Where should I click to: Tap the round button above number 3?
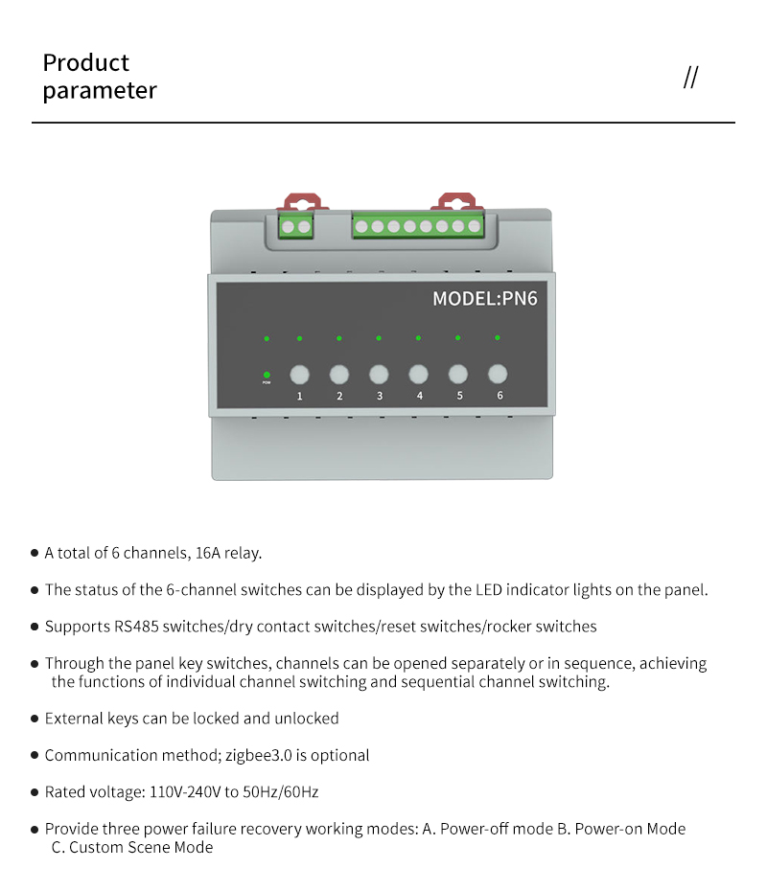point(379,374)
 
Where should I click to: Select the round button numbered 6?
point(498,374)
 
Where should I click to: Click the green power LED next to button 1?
point(267,375)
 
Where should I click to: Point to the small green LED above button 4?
point(418,337)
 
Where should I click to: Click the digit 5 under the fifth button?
point(459,396)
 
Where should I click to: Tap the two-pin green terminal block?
point(296,227)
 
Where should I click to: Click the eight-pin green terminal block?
point(417,227)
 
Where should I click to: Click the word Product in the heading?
point(85,63)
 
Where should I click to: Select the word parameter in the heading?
point(100,91)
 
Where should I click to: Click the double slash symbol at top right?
point(690,78)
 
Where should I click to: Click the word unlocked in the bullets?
point(307,718)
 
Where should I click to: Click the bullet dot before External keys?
point(35,719)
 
